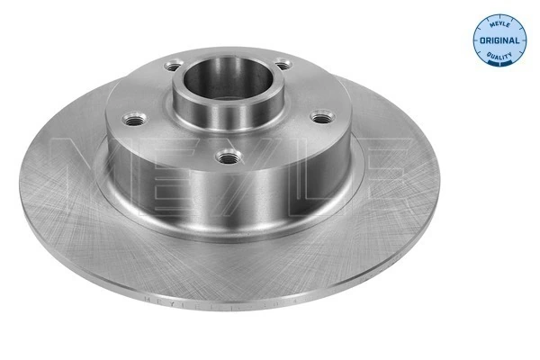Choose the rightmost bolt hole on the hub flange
point(320,115)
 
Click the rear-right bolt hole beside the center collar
point(283,65)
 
